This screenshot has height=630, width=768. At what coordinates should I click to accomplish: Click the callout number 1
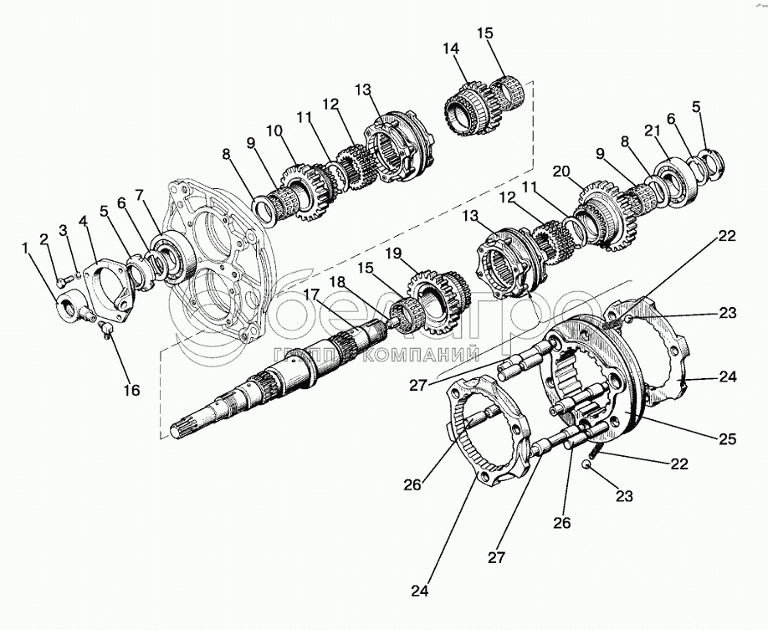coord(24,248)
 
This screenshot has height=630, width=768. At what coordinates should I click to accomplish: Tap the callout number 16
coord(131,390)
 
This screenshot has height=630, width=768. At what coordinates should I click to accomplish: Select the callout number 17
coord(312,295)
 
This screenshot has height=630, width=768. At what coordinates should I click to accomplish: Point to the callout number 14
coord(451,49)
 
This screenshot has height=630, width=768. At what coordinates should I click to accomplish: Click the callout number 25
coord(728,439)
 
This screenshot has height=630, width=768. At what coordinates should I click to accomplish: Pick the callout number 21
coord(652,131)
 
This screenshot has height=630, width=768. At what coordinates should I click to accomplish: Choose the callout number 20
coord(562,171)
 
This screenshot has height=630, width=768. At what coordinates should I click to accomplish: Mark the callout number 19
coord(393,254)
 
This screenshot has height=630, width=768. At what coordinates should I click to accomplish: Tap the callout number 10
coord(274,131)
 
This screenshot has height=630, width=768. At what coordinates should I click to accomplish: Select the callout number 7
coord(141,196)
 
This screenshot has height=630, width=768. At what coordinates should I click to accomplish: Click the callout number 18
coord(337,282)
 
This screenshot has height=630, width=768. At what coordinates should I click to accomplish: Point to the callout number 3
coord(64,230)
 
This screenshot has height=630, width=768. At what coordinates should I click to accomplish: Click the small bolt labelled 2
coord(61,282)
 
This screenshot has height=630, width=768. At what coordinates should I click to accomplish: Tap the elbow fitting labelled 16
coord(105,328)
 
